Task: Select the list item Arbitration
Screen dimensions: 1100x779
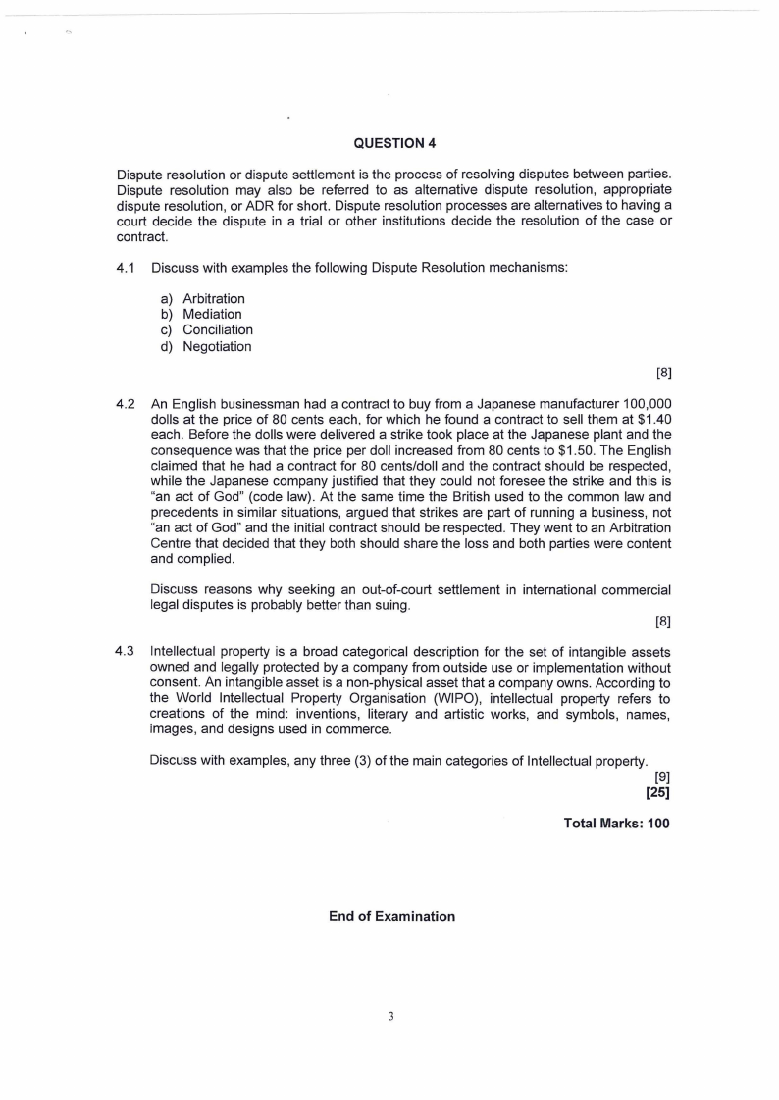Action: [213, 298]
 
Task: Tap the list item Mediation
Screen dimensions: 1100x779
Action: [212, 315]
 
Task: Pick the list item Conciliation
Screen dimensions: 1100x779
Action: [217, 330]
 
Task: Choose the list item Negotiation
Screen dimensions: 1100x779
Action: [217, 347]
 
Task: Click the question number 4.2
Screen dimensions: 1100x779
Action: [125, 404]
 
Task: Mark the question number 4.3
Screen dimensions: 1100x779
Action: [125, 651]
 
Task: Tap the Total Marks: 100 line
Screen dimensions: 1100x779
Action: [616, 824]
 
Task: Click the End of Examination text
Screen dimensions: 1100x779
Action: [391, 916]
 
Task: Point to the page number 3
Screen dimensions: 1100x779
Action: [390, 1017]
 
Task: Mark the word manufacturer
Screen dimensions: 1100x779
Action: [548, 404]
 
